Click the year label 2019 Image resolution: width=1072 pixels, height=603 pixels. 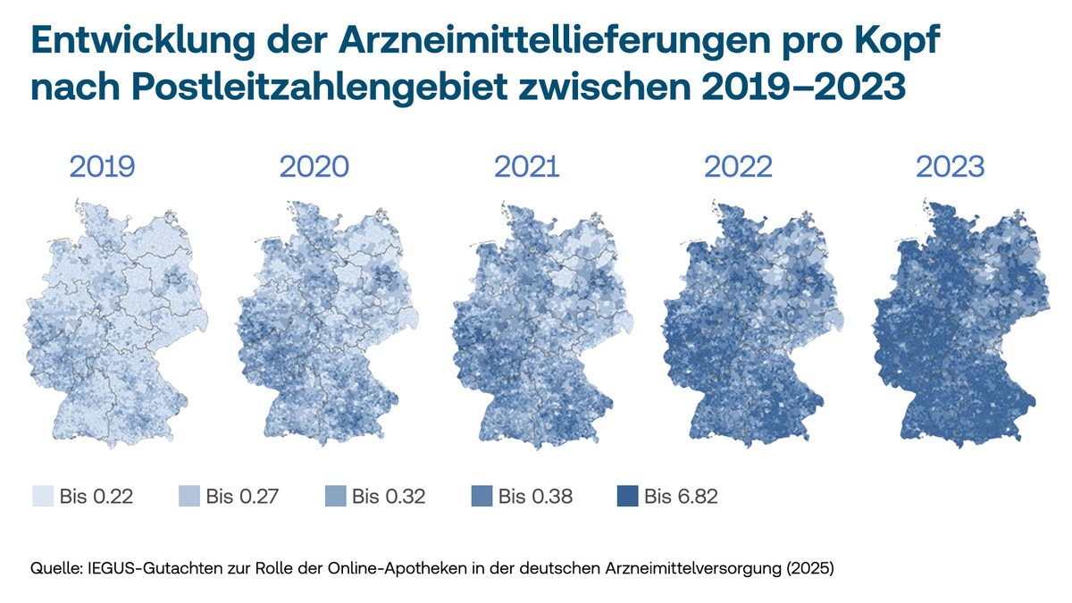[102, 167]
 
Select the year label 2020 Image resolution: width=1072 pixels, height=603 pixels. [314, 167]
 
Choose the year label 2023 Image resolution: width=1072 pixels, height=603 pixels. [951, 167]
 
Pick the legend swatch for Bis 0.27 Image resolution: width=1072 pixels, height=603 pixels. [188, 496]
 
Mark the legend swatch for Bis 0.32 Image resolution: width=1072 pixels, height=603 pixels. [334, 496]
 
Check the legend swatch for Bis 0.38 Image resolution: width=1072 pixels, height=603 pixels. [481, 496]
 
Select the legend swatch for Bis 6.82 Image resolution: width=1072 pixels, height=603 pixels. [627, 496]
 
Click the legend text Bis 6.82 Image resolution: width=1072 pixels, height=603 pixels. [681, 497]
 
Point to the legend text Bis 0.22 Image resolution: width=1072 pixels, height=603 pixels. [96, 497]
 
